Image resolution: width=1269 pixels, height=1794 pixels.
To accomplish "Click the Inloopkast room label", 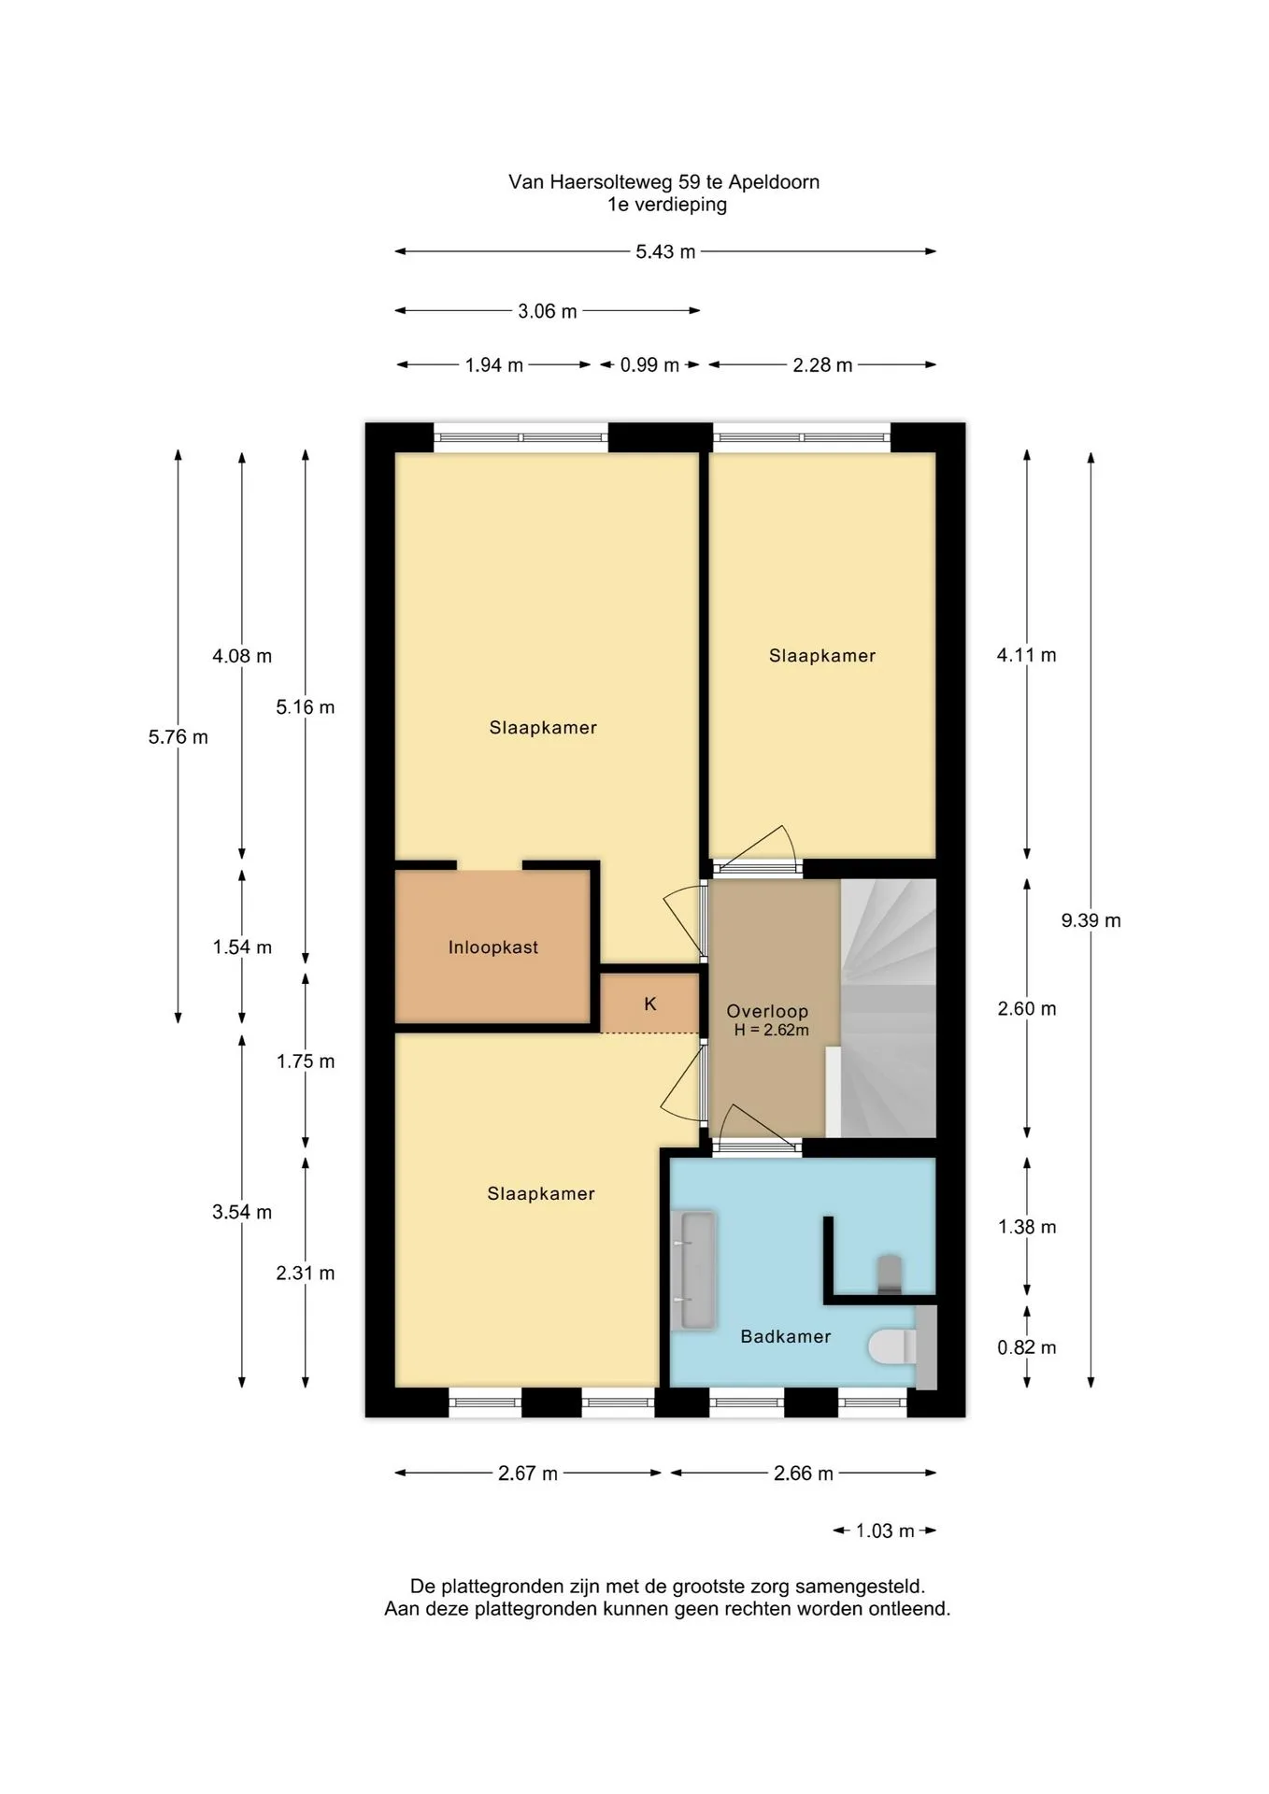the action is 492,947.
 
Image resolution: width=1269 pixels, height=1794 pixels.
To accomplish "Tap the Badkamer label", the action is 785,1337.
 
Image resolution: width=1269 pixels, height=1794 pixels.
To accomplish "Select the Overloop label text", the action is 767,1011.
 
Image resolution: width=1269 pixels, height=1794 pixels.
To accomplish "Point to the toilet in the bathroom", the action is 895,1346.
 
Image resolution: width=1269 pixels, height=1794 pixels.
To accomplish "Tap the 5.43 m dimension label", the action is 665,251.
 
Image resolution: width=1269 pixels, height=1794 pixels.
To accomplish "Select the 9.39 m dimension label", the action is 1091,920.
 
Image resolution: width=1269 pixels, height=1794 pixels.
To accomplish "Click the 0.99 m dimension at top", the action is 649,365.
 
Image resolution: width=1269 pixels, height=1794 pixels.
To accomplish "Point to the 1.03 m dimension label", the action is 885,1531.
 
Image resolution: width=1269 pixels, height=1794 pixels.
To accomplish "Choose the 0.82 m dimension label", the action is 1027,1347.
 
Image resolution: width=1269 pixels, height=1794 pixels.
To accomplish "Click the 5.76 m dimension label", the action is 178,737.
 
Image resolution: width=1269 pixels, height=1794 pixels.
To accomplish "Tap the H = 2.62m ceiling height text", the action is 771,1031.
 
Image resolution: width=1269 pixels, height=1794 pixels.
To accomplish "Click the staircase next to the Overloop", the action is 889,1008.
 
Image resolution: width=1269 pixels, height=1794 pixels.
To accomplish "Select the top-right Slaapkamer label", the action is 822,656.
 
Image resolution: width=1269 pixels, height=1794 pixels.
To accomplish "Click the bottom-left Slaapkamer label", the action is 541,1193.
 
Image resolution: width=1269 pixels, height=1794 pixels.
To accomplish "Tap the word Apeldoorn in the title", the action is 774,182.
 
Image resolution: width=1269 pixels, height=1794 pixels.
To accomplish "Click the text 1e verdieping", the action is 667,205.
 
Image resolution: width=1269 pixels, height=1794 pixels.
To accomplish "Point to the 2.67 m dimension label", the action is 527,1474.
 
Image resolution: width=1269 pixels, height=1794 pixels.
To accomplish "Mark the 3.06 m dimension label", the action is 547,311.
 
